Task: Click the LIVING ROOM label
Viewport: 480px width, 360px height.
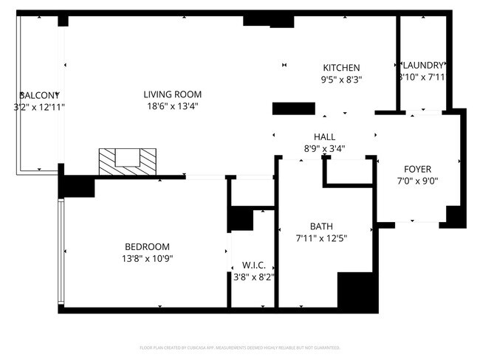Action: [172, 94]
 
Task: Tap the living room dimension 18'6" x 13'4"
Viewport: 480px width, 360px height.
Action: [172, 106]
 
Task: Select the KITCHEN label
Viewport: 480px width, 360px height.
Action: [341, 68]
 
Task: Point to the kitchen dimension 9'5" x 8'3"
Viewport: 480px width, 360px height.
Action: [341, 80]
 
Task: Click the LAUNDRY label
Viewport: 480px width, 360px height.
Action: [422, 65]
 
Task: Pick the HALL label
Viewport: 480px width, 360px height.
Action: [324, 137]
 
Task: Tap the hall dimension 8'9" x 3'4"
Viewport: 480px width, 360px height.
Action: [324, 148]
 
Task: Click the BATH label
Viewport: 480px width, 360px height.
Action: [321, 226]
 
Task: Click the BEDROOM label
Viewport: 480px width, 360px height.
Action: [147, 246]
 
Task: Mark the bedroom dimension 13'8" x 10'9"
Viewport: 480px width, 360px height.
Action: [147, 258]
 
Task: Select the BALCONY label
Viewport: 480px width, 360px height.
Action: [38, 96]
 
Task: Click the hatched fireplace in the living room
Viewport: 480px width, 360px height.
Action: [128, 162]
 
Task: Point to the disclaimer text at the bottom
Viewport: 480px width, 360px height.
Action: [239, 347]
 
